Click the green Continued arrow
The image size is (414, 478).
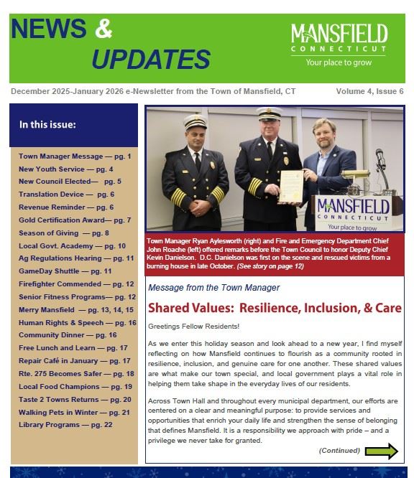381,451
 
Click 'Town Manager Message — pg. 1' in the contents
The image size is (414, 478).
75,156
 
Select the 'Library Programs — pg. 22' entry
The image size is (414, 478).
65,424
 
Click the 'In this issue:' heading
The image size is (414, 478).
47,125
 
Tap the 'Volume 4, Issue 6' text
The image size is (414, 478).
369,92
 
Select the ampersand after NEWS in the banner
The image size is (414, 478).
104,28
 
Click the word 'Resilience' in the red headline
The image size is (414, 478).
275,309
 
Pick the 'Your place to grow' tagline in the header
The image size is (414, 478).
339,63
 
